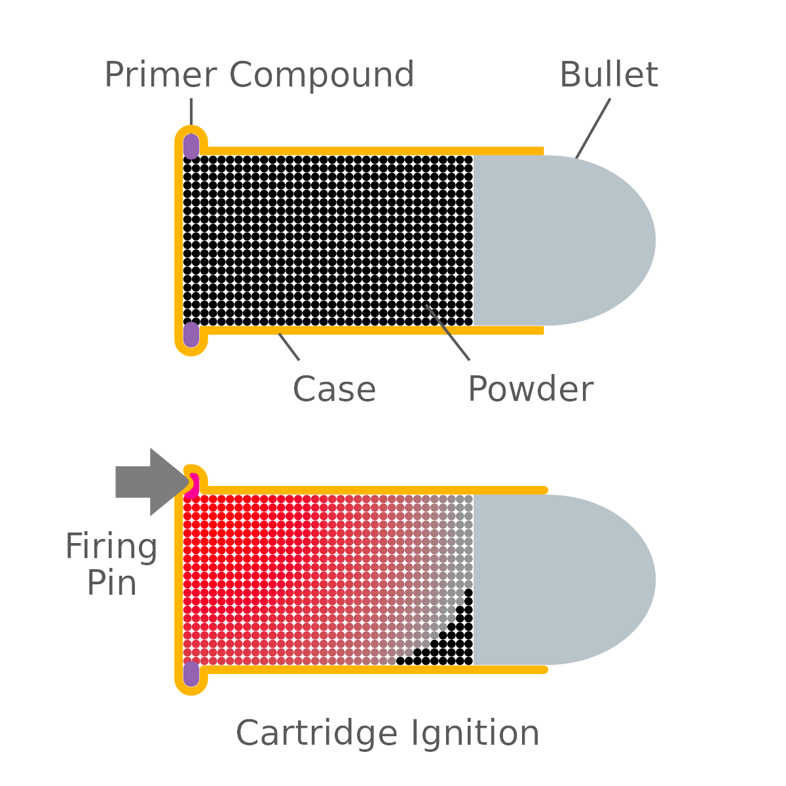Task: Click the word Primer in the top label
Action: [160, 75]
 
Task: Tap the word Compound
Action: [322, 75]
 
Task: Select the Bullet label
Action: [608, 74]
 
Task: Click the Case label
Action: [334, 390]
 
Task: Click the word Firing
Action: [111, 546]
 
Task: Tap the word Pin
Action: [111, 583]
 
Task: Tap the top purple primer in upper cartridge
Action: [191, 146]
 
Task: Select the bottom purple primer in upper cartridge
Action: [191, 335]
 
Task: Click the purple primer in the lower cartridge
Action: [191, 674]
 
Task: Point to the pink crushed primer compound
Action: [193, 486]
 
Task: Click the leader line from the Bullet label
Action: [593, 128]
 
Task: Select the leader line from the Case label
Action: [290, 346]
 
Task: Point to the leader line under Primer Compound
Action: [191, 111]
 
